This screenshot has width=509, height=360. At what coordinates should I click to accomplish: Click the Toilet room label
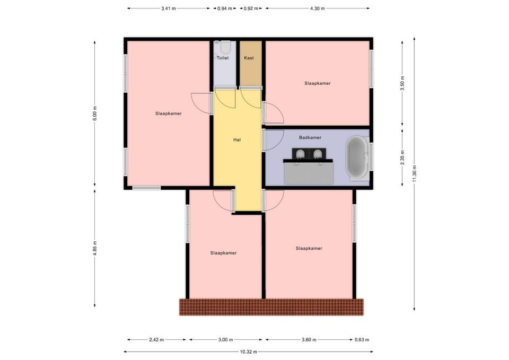(x=223, y=58)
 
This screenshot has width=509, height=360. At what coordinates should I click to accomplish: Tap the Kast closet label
(x=249, y=58)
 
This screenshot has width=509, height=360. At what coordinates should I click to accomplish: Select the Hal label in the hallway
(x=237, y=140)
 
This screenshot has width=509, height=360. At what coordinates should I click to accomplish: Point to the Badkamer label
(x=310, y=137)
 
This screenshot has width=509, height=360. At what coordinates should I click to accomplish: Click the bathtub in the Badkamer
(x=357, y=157)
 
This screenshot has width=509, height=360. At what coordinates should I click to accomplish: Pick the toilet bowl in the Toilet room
(x=225, y=47)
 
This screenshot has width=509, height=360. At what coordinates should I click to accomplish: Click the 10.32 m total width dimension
(x=248, y=352)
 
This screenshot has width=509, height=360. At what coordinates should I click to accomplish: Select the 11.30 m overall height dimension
(x=414, y=174)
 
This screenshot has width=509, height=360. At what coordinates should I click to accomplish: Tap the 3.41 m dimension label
(x=169, y=8)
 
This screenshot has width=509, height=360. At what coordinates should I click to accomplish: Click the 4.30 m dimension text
(x=318, y=8)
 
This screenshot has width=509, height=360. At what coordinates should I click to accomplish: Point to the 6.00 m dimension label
(x=95, y=113)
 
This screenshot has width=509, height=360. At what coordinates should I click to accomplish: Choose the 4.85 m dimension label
(x=95, y=248)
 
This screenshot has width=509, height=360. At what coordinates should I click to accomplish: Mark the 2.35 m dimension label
(x=402, y=157)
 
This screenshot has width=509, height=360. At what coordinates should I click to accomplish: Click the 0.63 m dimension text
(x=362, y=340)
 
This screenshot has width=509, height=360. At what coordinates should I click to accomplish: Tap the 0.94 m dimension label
(x=225, y=8)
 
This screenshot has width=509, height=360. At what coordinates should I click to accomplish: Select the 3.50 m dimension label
(x=402, y=83)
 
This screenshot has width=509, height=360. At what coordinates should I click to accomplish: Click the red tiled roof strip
(x=271, y=307)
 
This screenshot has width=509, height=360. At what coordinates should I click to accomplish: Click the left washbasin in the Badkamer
(x=300, y=154)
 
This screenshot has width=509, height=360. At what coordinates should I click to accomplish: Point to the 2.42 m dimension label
(x=156, y=340)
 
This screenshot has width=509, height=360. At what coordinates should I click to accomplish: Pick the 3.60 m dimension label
(x=309, y=340)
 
